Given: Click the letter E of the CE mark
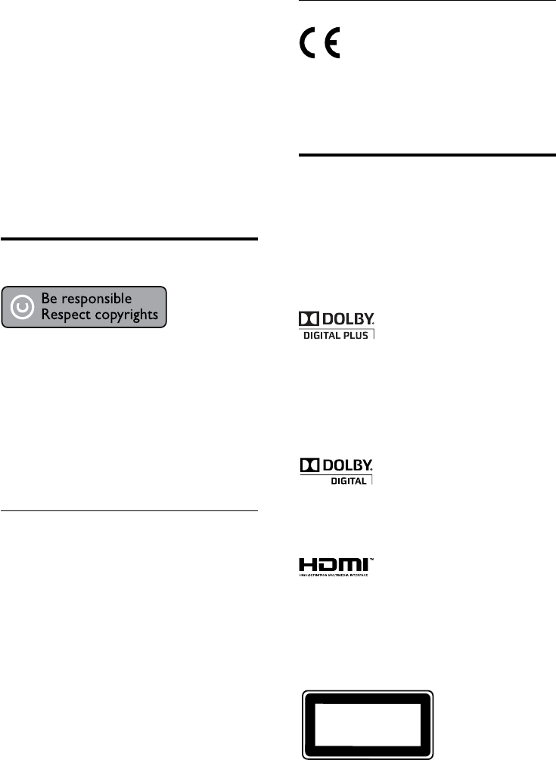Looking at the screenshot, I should pyautogui.click(x=331, y=45).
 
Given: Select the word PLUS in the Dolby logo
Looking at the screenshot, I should pyautogui.click(x=357, y=335).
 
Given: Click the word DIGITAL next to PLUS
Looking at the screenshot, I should pyautogui.click(x=321, y=335).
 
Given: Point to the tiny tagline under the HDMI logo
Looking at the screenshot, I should pyautogui.click(x=332, y=575).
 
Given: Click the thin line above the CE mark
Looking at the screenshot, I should pyautogui.click(x=424, y=2).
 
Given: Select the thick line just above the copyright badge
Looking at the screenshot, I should pyautogui.click(x=129, y=239).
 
